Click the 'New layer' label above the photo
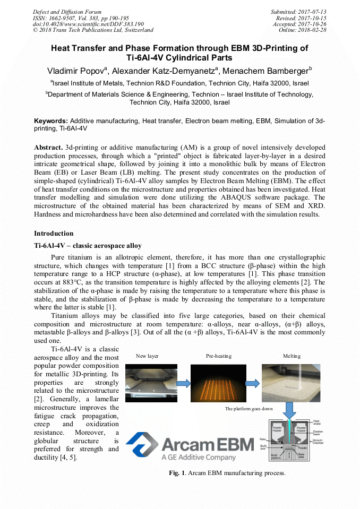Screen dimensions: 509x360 147,356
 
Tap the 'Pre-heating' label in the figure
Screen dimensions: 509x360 218,356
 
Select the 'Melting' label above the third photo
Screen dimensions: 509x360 291,356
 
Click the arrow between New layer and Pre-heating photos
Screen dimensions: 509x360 184,383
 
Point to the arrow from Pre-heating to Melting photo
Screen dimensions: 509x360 254,383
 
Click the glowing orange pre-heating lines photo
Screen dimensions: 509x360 218,383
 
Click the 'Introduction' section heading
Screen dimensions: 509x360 54,234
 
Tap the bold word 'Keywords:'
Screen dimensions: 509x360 51,121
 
